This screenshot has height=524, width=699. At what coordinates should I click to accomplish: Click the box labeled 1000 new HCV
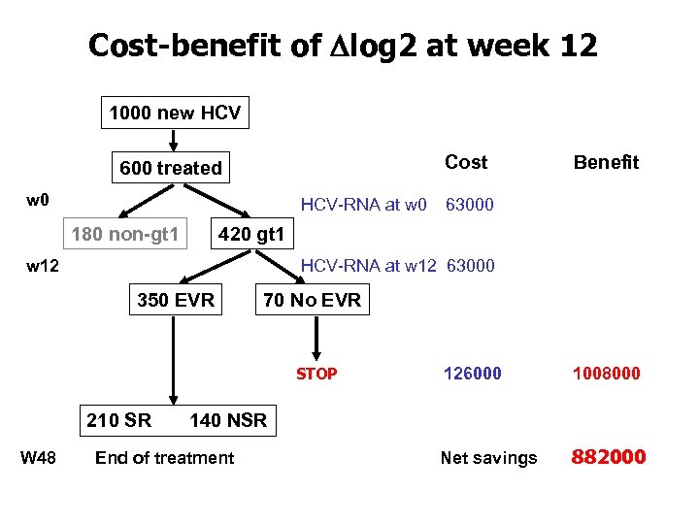pyautogui.click(x=175, y=114)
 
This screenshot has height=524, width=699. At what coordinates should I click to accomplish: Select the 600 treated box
pyautogui.click(x=171, y=168)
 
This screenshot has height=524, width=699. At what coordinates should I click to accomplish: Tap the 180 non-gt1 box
pyautogui.click(x=124, y=234)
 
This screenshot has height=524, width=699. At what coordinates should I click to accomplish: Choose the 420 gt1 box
pyautogui.click(x=251, y=234)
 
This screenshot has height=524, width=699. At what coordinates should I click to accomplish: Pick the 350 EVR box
pyautogui.click(x=176, y=300)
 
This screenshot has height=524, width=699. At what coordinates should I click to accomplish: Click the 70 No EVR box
pyautogui.click(x=312, y=300)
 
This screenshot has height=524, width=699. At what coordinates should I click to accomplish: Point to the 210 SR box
pyautogui.click(x=118, y=420)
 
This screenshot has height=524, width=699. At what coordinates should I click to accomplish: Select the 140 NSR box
pyautogui.click(x=228, y=420)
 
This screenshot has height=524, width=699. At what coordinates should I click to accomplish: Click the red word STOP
pyautogui.click(x=316, y=374)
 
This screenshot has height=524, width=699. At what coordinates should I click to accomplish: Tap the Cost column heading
pyautogui.click(x=466, y=162)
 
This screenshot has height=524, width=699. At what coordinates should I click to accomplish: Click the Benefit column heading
pyautogui.click(x=606, y=162)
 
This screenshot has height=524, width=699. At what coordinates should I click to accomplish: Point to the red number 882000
pyautogui.click(x=608, y=457)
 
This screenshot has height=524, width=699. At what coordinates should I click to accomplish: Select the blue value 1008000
pyautogui.click(x=606, y=374)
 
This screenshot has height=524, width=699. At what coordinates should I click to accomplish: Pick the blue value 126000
pyautogui.click(x=473, y=374)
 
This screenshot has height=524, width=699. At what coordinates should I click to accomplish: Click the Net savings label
pyautogui.click(x=488, y=458)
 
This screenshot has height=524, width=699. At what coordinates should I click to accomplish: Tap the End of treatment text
pyautogui.click(x=164, y=458)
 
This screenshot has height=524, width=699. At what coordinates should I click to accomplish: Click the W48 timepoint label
pyautogui.click(x=39, y=458)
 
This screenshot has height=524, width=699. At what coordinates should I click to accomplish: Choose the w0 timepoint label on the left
pyautogui.click(x=38, y=201)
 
